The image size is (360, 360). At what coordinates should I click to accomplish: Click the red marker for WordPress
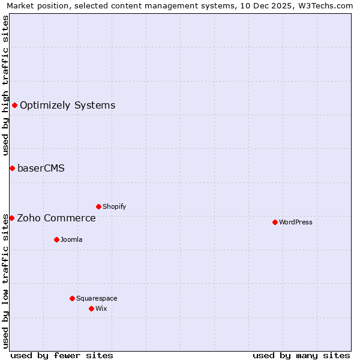[275, 222]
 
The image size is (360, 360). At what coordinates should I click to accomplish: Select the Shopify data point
[98, 206]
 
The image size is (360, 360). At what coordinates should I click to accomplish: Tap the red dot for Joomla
[56, 239]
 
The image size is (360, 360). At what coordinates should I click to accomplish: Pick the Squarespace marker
[72, 298]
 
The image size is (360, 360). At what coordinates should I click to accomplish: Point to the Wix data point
[91, 308]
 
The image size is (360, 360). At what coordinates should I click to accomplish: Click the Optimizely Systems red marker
[14, 106]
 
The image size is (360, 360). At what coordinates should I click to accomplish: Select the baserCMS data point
[12, 168]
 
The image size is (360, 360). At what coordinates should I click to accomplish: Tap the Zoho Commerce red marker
[11, 218]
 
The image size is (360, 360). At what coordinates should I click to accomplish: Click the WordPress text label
[296, 222]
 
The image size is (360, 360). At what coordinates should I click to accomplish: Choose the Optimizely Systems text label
[68, 106]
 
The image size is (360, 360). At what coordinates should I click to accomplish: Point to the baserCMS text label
[41, 168]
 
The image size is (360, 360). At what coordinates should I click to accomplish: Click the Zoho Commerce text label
[56, 218]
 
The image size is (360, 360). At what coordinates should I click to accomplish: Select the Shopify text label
[115, 206]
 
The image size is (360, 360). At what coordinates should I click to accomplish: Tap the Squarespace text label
[97, 298]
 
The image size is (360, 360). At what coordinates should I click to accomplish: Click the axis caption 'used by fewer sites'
[62, 355]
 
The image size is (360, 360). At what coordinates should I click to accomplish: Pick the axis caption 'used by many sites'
[301, 355]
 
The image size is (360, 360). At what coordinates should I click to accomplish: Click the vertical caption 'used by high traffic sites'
[5, 85]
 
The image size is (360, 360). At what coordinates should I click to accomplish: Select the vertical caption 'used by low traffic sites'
[5, 281]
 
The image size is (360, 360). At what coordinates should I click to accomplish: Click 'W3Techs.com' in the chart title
[326, 5]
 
